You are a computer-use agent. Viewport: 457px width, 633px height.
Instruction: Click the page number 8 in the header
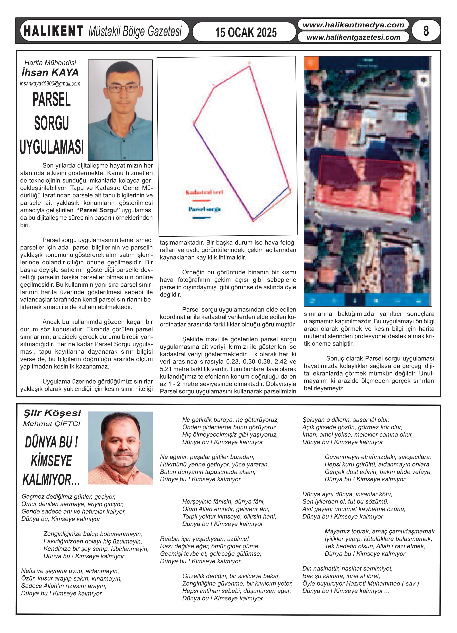[426, 31]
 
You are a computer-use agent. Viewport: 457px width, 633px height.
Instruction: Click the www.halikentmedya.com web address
[353, 25]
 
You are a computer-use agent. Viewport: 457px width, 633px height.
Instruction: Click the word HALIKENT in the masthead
[53, 31]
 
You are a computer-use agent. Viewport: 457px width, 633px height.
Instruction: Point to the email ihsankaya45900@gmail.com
[50, 84]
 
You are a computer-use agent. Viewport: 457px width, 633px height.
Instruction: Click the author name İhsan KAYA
[50, 73]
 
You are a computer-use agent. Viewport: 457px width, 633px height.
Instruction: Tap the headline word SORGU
[52, 123]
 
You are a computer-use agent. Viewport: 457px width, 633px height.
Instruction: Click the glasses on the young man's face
[123, 89]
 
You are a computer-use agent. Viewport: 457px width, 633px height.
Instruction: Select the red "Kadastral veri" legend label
[204, 192]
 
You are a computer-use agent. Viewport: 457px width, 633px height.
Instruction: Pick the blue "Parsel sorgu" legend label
[204, 209]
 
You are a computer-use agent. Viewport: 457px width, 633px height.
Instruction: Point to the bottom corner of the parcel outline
[253, 220]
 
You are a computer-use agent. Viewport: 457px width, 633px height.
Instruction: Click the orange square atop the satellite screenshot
[311, 63]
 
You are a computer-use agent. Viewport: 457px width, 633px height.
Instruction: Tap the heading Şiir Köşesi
[52, 413]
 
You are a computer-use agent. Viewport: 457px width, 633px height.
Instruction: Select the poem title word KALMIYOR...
[51, 480]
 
